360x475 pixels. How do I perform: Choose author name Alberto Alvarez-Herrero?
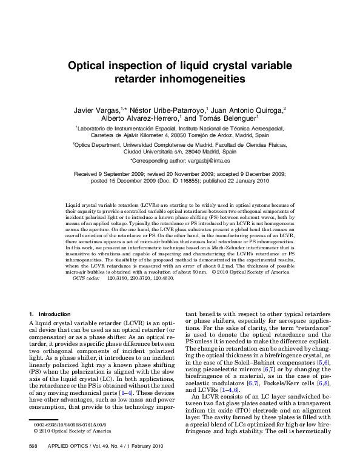click(x=139, y=119)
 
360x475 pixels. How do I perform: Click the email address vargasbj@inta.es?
click(x=206, y=161)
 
